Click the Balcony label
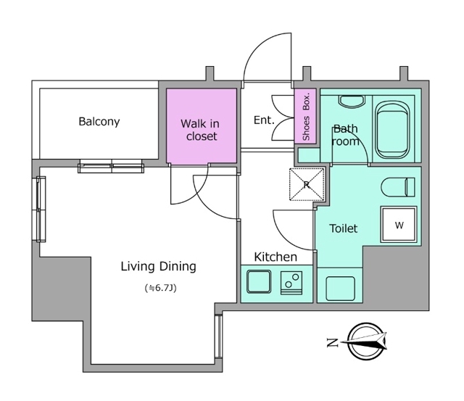(99, 122)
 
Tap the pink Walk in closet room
(202, 125)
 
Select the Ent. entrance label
(264, 120)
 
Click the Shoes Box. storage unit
(306, 116)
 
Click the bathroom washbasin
(351, 102)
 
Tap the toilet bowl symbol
(398, 187)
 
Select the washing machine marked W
(399, 225)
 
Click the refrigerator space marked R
(307, 184)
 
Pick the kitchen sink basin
(259, 281)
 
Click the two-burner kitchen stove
(291, 283)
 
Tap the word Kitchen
(275, 257)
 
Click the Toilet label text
(343, 228)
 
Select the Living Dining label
(158, 267)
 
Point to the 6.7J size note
(161, 288)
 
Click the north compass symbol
(367, 342)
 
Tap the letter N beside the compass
(332, 343)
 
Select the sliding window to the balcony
(111, 166)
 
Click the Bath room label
(345, 135)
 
